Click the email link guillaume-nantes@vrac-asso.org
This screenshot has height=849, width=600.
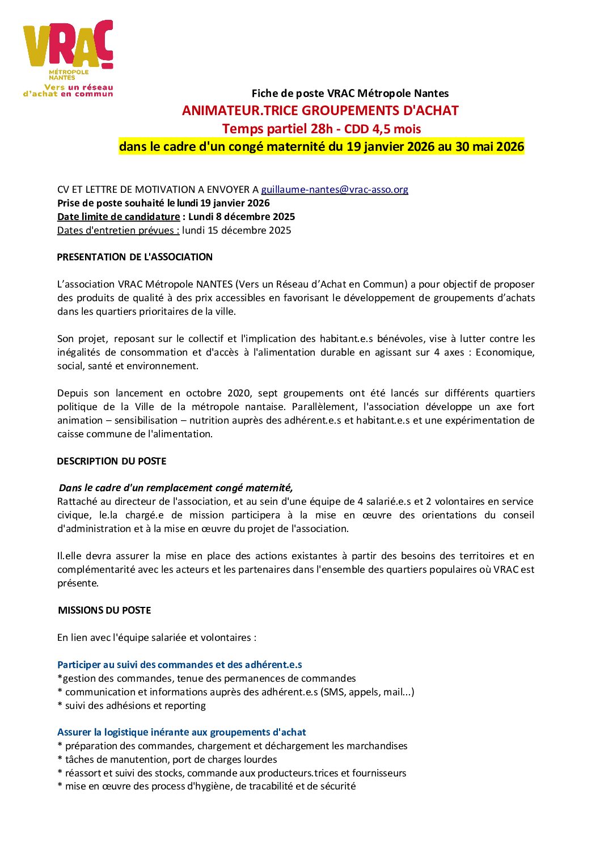(334, 189)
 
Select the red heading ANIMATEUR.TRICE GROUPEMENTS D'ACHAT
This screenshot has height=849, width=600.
(320, 111)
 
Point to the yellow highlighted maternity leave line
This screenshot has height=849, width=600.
(321, 146)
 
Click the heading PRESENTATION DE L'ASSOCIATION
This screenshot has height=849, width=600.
(134, 257)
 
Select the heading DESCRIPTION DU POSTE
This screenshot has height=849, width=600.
(111, 461)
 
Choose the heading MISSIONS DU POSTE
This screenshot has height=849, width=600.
(104, 610)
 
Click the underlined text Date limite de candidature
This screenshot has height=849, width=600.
(119, 217)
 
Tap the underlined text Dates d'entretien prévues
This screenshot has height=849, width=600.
(118, 230)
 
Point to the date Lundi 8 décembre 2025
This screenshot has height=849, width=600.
(242, 217)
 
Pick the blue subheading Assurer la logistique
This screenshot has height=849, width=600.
(181, 732)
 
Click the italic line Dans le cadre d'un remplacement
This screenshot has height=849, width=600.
(176, 488)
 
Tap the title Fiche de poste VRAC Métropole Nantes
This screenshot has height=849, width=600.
(350, 94)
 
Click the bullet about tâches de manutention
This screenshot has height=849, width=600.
(167, 759)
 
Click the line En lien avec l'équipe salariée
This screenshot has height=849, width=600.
(157, 637)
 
